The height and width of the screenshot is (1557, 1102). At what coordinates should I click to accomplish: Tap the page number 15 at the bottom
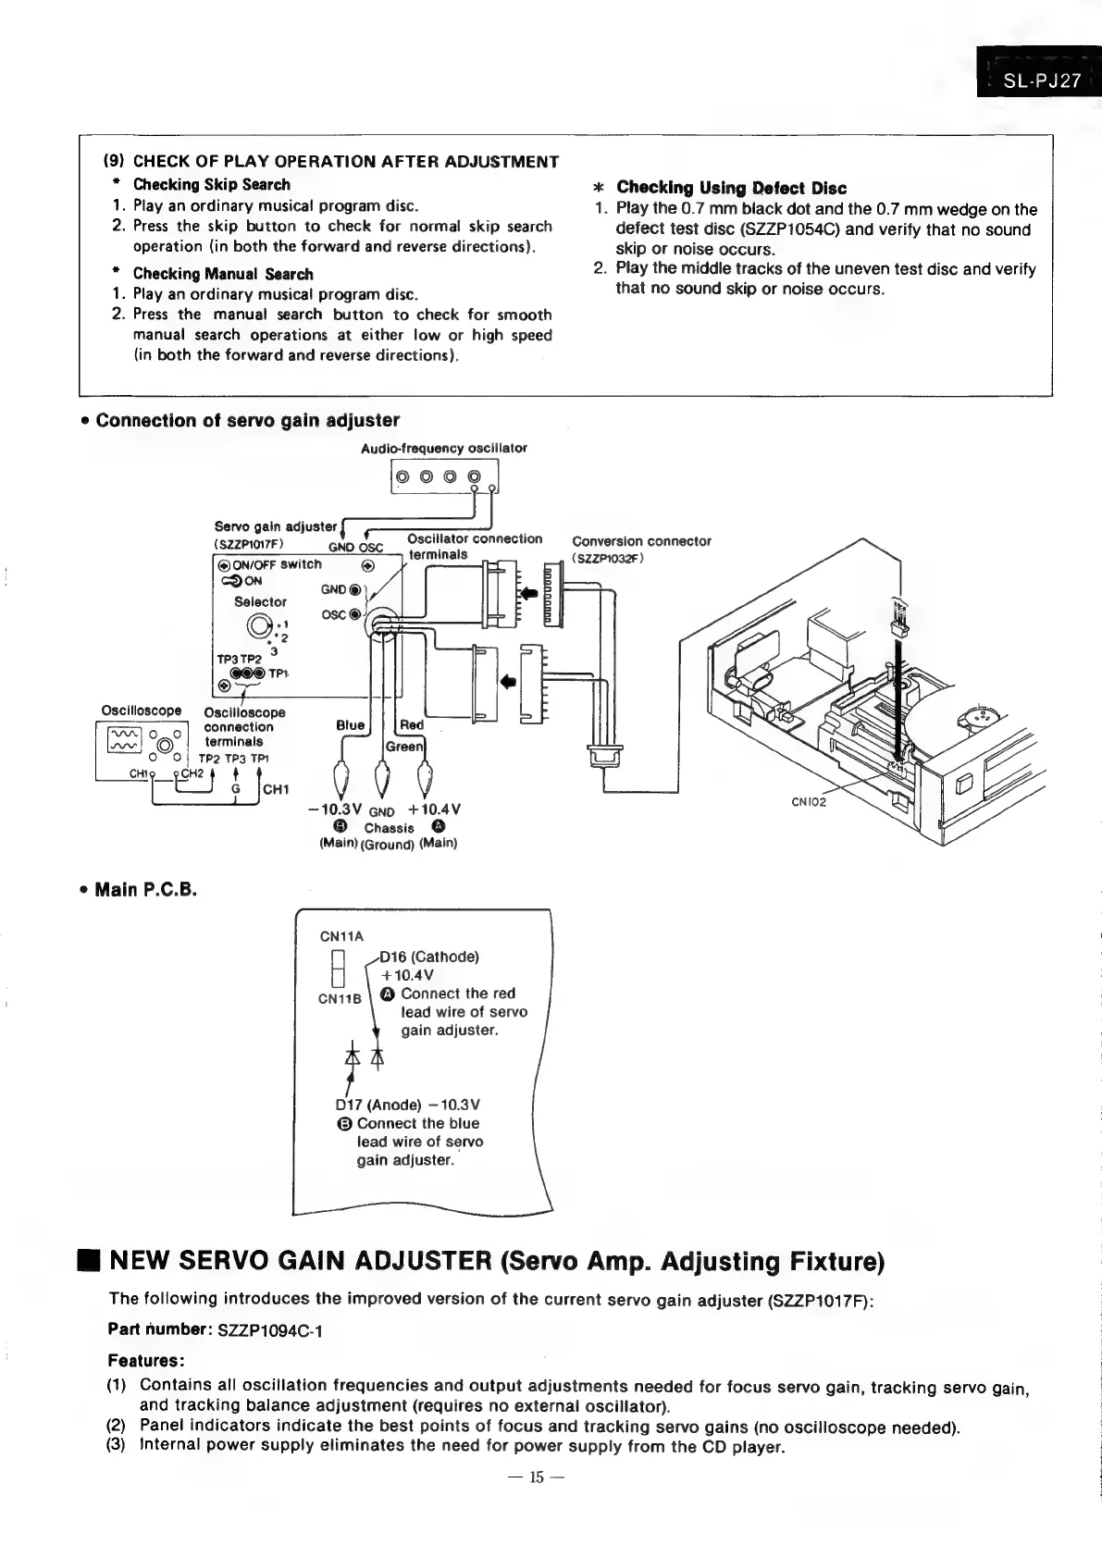pos(537,1477)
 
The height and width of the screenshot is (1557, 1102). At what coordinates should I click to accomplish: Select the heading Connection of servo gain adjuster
pos(247,421)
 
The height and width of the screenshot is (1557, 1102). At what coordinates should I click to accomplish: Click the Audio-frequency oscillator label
pos(444,449)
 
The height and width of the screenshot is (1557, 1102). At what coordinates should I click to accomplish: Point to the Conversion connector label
pos(641,541)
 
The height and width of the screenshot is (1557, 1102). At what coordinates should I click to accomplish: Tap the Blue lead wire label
pos(350,725)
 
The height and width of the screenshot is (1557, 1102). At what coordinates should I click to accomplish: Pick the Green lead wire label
pos(404,746)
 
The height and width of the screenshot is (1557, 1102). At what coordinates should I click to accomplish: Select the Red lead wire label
pos(412,725)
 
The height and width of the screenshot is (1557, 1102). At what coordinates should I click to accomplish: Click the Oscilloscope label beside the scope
pos(141,711)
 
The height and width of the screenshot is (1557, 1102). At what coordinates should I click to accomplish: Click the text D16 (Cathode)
pos(428,957)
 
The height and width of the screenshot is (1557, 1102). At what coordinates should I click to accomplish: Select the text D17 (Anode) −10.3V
pos(407,1105)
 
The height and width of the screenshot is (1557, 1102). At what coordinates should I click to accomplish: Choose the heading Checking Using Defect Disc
pos(731,188)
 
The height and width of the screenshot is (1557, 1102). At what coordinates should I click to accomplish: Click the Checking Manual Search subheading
pos(222,274)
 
